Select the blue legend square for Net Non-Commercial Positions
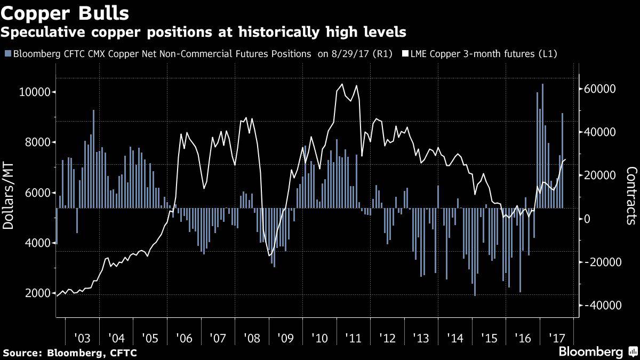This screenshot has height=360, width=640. pyautogui.click(x=7, y=54)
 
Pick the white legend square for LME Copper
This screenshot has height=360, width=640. pyautogui.click(x=405, y=54)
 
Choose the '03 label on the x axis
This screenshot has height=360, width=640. pyautogui.click(x=82, y=338)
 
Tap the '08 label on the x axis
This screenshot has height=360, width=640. pyautogui.click(x=251, y=338)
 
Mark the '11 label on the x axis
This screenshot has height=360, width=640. pyautogui.click(x=353, y=338)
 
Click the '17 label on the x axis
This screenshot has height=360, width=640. pyautogui.click(x=557, y=338)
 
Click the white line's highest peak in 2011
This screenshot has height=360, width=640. pyautogui.click(x=342, y=84)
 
